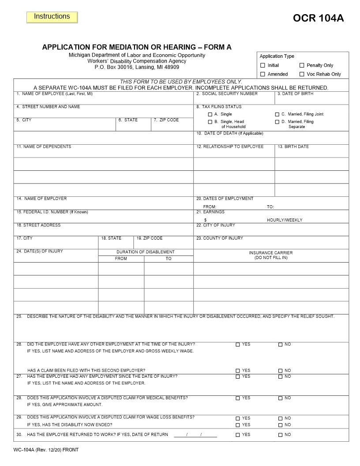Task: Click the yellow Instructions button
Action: (52, 17)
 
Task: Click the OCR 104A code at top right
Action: (318, 18)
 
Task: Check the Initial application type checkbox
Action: (263, 65)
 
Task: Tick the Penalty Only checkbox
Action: (302, 65)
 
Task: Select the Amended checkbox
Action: (263, 74)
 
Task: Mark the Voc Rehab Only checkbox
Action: (302, 74)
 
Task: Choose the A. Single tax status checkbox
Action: (210, 114)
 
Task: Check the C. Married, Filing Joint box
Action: (277, 114)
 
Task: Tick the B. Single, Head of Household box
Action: (210, 122)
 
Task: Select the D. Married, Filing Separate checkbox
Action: (277, 122)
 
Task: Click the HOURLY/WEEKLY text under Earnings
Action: (285, 220)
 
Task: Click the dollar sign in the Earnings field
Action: (205, 220)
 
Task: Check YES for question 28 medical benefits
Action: (238, 398)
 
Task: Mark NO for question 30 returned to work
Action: (280, 435)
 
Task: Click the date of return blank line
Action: (195, 435)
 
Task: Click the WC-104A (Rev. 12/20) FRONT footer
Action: (46, 450)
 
